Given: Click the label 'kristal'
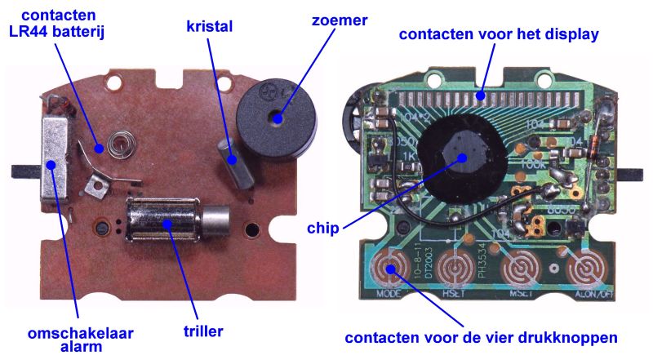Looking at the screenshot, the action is point(209,27).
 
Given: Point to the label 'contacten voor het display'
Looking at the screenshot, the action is point(499,35).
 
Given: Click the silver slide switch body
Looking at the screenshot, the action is point(56,167).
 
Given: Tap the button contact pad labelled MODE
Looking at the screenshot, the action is point(390,269).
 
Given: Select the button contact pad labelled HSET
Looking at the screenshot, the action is point(455,269).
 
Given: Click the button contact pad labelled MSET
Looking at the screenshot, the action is point(520,269).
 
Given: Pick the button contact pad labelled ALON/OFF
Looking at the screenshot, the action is point(584,269).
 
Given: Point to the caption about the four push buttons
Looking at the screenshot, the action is point(481,337).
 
